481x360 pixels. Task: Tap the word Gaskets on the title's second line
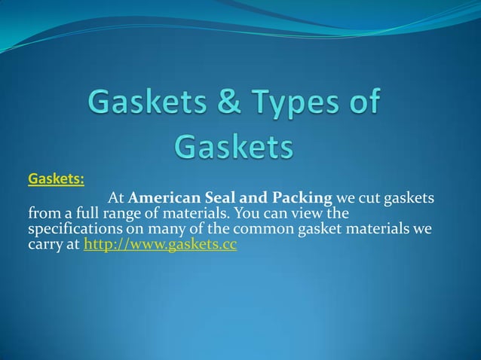234,147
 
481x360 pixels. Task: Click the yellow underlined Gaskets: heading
56,179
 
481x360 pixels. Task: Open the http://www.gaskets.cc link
161,245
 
